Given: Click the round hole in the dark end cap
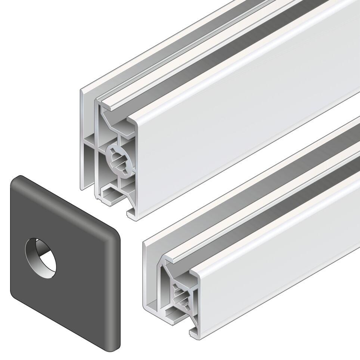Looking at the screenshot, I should pos(41,258).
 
